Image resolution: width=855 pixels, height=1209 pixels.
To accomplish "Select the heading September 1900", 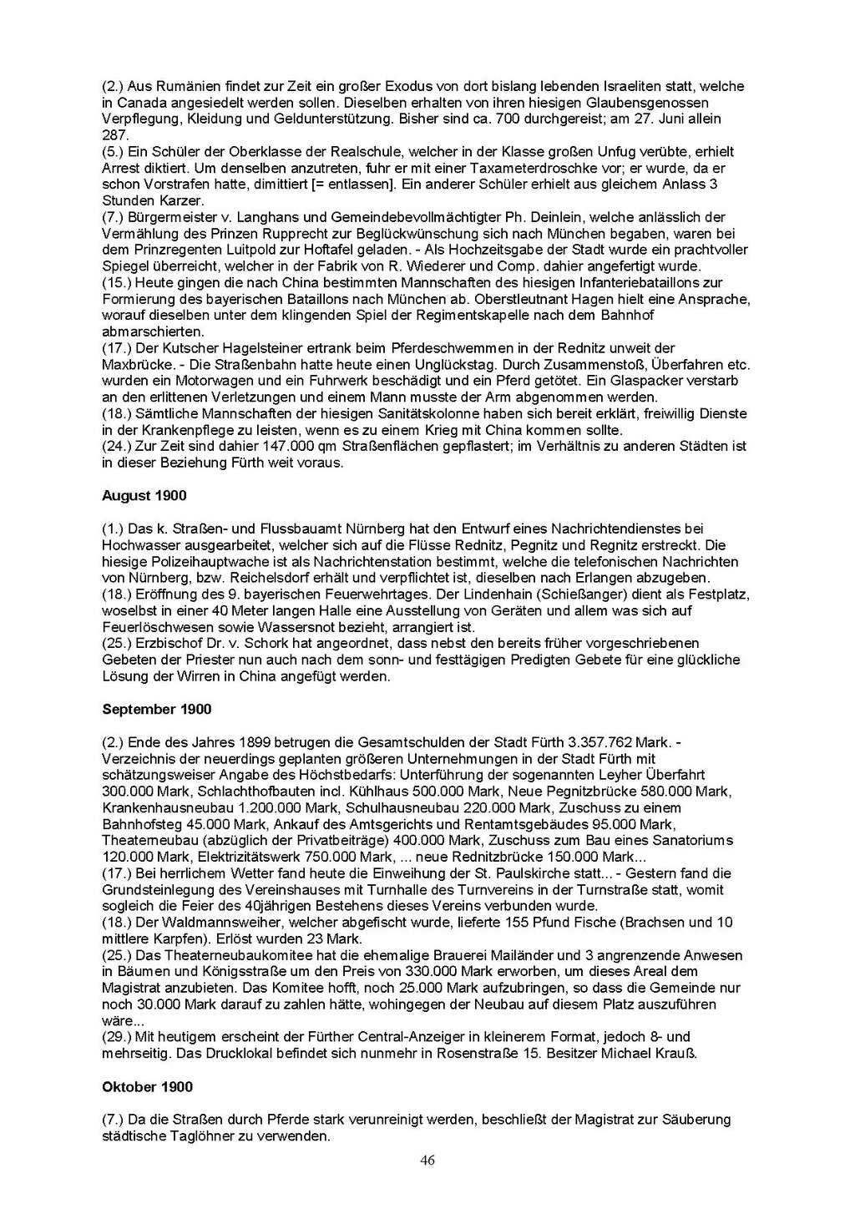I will [156, 710].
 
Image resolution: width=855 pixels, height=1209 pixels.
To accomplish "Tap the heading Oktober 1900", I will [147, 1087].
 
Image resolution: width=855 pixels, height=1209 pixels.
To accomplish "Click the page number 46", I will [427, 1160].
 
